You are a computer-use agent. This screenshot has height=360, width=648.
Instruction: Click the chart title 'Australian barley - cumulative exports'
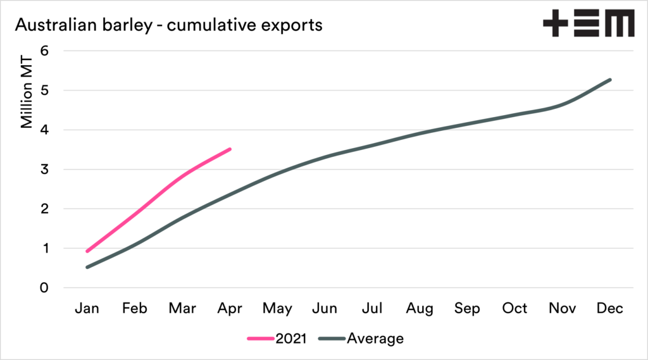(x=168, y=25)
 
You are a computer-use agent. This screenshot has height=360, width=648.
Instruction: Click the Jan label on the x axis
(x=87, y=309)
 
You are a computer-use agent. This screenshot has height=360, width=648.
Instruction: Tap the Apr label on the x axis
(x=230, y=309)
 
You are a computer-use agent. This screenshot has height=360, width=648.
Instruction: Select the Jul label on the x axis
(x=372, y=309)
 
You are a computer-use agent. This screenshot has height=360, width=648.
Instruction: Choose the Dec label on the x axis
(x=610, y=309)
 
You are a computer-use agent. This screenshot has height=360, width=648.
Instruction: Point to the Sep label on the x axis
(x=467, y=309)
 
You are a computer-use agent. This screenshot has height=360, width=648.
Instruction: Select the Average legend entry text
(x=375, y=338)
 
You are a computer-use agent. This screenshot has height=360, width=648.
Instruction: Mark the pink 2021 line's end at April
(x=230, y=149)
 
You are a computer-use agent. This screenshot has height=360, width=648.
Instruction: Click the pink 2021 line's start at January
(x=87, y=251)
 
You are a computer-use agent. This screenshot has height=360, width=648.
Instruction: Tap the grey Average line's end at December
(x=610, y=80)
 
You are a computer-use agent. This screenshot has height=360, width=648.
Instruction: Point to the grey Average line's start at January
(x=87, y=267)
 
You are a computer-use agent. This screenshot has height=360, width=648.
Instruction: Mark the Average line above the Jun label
(x=325, y=156)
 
